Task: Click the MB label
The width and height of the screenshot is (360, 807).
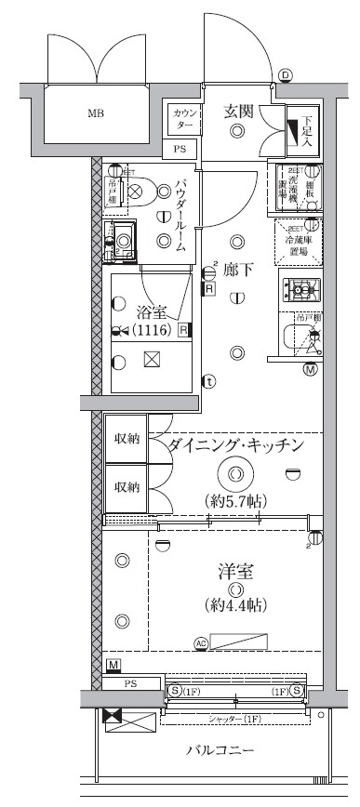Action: [96, 114]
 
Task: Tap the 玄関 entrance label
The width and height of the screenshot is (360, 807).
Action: [238, 112]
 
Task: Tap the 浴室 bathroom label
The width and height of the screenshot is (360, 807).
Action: [152, 311]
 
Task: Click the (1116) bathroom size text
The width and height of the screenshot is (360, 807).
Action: [152, 330]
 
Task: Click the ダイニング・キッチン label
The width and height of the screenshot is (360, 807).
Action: [236, 445]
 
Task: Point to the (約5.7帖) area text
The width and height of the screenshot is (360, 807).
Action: [236, 502]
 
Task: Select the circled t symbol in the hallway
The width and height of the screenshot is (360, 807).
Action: [210, 380]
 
